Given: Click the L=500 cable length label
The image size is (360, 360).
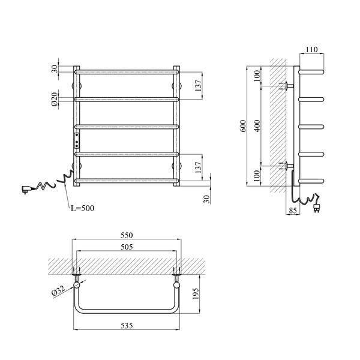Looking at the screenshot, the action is (82, 208).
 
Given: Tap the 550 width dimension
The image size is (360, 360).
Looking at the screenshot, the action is (127, 235).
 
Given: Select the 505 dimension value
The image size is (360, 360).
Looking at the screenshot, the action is (127, 247).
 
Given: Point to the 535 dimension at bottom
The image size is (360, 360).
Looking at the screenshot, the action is (127, 326).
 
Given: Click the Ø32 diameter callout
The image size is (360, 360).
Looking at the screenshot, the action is (59, 291).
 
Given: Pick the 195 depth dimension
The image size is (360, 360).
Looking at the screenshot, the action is (196, 293).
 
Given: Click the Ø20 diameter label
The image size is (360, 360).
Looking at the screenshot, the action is (54, 99).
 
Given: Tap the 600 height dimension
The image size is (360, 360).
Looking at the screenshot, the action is (243, 126).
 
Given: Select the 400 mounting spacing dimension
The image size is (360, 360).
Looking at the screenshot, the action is (257, 126).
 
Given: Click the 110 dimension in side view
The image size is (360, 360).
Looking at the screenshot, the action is (311, 49).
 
